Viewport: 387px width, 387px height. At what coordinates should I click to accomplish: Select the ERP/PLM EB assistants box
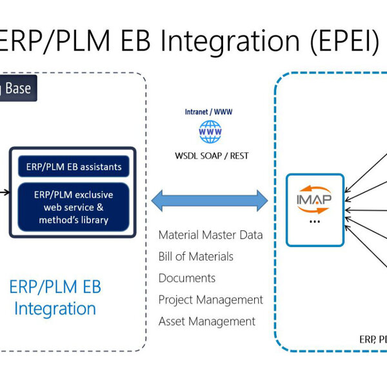tap(74, 166)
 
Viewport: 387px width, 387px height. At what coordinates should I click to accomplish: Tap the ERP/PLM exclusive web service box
tap(74, 206)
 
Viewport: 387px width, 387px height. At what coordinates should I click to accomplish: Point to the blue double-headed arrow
tap(210, 199)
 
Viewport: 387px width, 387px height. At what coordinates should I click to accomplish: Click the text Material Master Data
tap(210, 235)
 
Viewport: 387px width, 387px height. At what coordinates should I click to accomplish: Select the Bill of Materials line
tap(195, 257)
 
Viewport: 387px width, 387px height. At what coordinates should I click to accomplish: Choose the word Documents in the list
tap(187, 278)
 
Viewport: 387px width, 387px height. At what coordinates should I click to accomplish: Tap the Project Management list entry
tap(210, 300)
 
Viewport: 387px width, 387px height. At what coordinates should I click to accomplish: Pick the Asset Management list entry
tap(206, 321)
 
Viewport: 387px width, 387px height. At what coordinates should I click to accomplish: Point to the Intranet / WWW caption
tap(209, 112)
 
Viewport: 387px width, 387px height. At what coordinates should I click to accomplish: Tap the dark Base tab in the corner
tap(17, 88)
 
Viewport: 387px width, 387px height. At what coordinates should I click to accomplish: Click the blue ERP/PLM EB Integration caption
tap(55, 297)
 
